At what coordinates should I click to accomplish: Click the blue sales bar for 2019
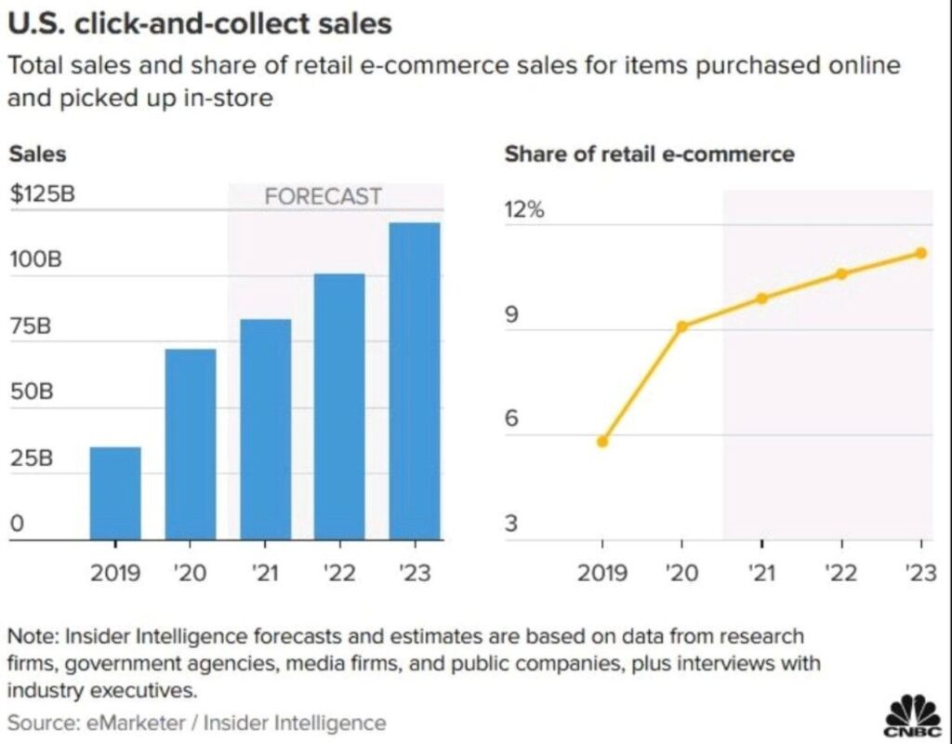(115, 493)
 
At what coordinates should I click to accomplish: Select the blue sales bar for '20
(190, 444)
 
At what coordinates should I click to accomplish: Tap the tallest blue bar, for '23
(414, 380)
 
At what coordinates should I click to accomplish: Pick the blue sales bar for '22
(339, 405)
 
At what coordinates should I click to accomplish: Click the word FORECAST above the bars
(323, 196)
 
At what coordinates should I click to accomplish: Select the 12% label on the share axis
(523, 210)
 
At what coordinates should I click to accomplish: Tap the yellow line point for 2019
(602, 442)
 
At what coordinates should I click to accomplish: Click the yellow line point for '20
(682, 326)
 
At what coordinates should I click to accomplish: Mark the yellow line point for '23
(920, 253)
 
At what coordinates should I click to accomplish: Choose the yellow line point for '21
(761, 299)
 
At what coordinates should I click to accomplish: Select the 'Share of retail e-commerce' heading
(649, 154)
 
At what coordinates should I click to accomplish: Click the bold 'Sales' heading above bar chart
(37, 154)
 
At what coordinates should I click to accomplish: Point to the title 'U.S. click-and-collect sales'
(199, 24)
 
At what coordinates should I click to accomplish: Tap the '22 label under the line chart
(841, 572)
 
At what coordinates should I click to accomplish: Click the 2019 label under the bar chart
(115, 572)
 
